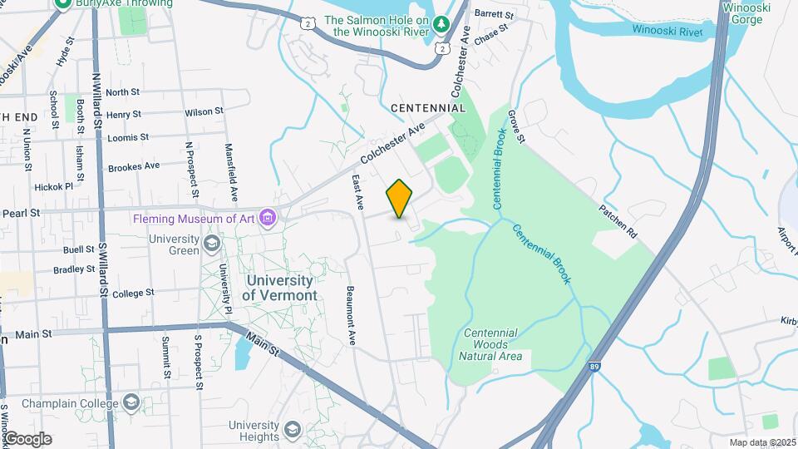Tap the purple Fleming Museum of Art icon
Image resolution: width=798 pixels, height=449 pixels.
tap(268, 219)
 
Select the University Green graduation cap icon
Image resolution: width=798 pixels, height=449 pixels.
tap(212, 244)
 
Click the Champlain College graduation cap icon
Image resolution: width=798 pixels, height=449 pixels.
tap(131, 403)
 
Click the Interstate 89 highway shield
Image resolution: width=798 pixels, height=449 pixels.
tap(596, 365)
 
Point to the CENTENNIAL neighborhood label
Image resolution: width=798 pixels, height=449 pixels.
tap(428, 108)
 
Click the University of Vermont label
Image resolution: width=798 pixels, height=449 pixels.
tap(280, 289)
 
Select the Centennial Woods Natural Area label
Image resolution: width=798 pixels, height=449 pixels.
tap(490, 344)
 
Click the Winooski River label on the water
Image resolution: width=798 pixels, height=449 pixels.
tap(667, 31)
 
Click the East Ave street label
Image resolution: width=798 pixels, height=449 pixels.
tap(358, 190)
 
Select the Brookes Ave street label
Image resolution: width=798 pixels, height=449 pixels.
tap(134, 166)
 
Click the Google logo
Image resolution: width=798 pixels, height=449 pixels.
tap(27, 438)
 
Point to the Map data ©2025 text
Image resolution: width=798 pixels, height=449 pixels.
tap(761, 442)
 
